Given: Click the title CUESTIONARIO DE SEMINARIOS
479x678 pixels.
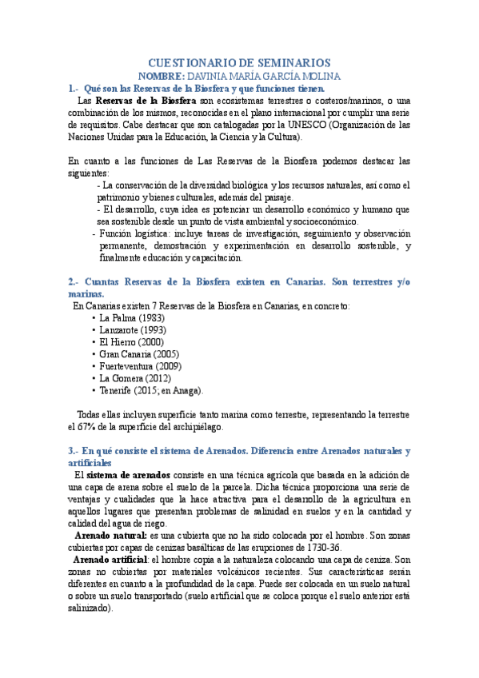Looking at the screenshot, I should [x=240, y=62].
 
